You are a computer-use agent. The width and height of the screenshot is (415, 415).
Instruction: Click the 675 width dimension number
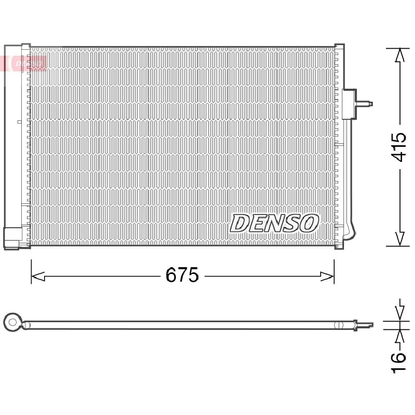coord(182,275)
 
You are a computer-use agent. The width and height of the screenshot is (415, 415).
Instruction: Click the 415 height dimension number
coord(398,147)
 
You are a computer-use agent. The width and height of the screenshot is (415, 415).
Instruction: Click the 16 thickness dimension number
coord(398,362)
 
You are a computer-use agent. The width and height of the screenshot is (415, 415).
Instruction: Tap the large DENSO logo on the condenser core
coord(274,223)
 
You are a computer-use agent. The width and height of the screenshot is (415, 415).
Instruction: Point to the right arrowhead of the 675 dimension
coord(327,276)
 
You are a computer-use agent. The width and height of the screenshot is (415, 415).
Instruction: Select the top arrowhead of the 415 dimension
coord(399,55)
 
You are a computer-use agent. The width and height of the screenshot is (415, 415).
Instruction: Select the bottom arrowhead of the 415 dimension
coord(399,239)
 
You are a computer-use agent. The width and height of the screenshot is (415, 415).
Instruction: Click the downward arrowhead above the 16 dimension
coord(399,314)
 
